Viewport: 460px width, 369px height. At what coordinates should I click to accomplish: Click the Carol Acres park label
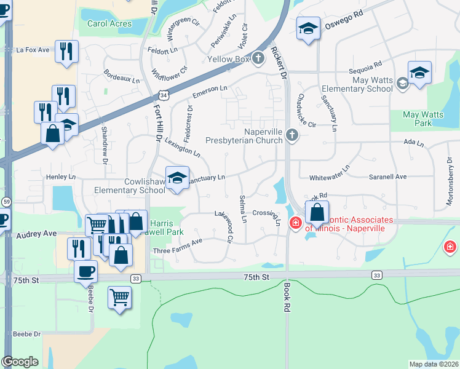coord(109,23)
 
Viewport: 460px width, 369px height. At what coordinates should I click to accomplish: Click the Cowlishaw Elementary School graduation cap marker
coord(177,179)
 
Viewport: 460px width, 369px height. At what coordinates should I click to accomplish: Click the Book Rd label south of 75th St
coord(287,301)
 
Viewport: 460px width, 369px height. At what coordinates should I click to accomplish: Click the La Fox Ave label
coord(33,50)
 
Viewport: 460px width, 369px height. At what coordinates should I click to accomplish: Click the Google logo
coord(20,362)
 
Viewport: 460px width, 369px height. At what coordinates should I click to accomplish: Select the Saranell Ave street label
coord(387,177)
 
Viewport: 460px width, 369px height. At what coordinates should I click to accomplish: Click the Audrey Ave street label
coord(36,234)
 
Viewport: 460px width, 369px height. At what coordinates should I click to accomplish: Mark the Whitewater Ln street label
coord(329,172)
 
